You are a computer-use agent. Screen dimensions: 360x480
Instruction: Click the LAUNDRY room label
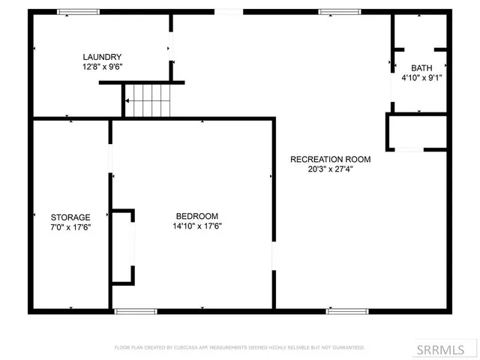click(x=102, y=57)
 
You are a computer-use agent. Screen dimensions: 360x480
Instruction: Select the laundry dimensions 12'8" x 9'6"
click(x=102, y=67)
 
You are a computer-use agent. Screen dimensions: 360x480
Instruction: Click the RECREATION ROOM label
click(x=330, y=159)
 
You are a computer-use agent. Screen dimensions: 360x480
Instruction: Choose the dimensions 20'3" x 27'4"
click(x=330, y=169)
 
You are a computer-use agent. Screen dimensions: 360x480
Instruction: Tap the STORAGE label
click(x=70, y=217)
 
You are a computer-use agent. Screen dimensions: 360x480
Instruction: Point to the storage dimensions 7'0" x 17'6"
click(x=70, y=226)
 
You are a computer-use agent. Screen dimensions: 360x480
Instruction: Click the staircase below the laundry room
click(x=148, y=100)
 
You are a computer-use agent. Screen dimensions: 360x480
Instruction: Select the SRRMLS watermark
click(x=452, y=349)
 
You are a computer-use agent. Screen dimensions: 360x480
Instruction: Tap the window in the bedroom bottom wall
click(x=136, y=310)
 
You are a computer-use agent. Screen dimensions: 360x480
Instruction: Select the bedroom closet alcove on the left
click(x=123, y=247)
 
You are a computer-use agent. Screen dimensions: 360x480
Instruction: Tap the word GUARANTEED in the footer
click(x=346, y=348)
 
